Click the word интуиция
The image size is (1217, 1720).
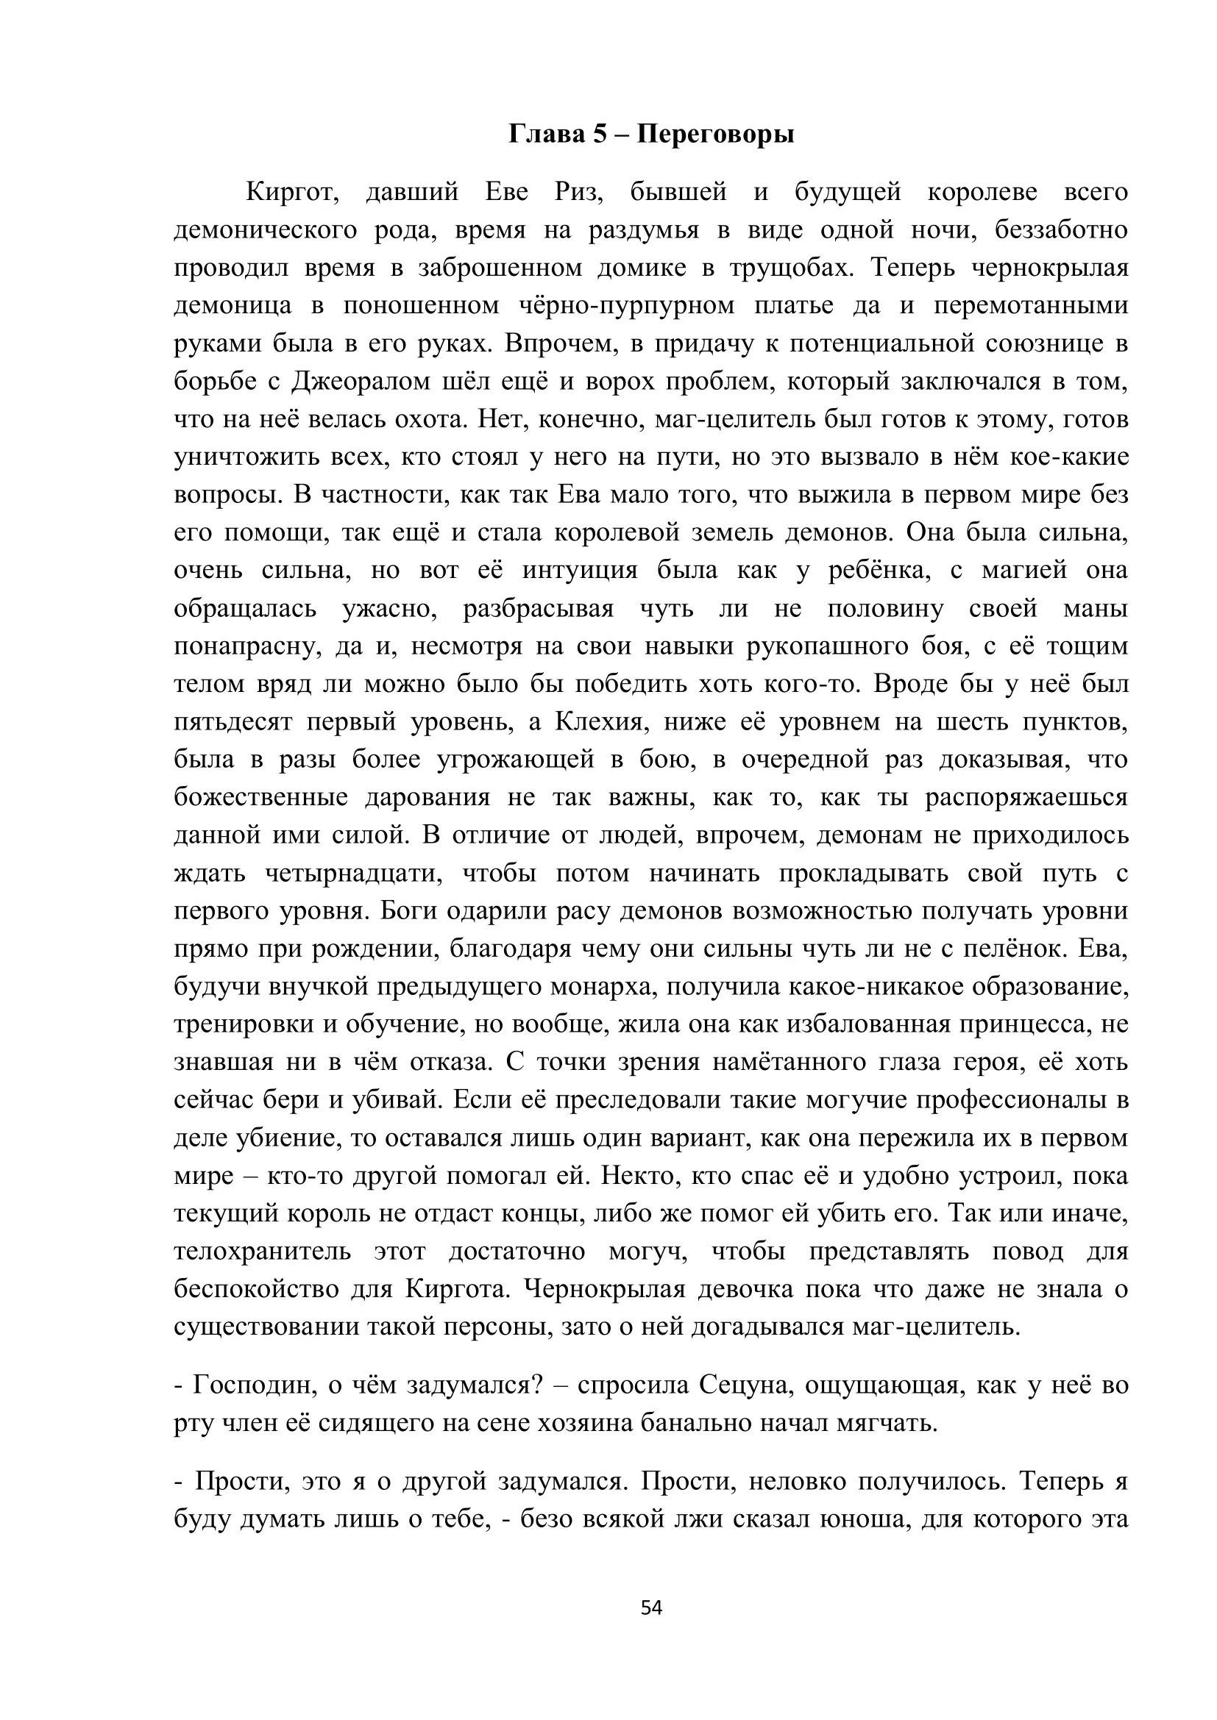579,571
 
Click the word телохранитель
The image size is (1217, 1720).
261,1252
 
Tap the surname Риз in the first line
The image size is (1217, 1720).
579,193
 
